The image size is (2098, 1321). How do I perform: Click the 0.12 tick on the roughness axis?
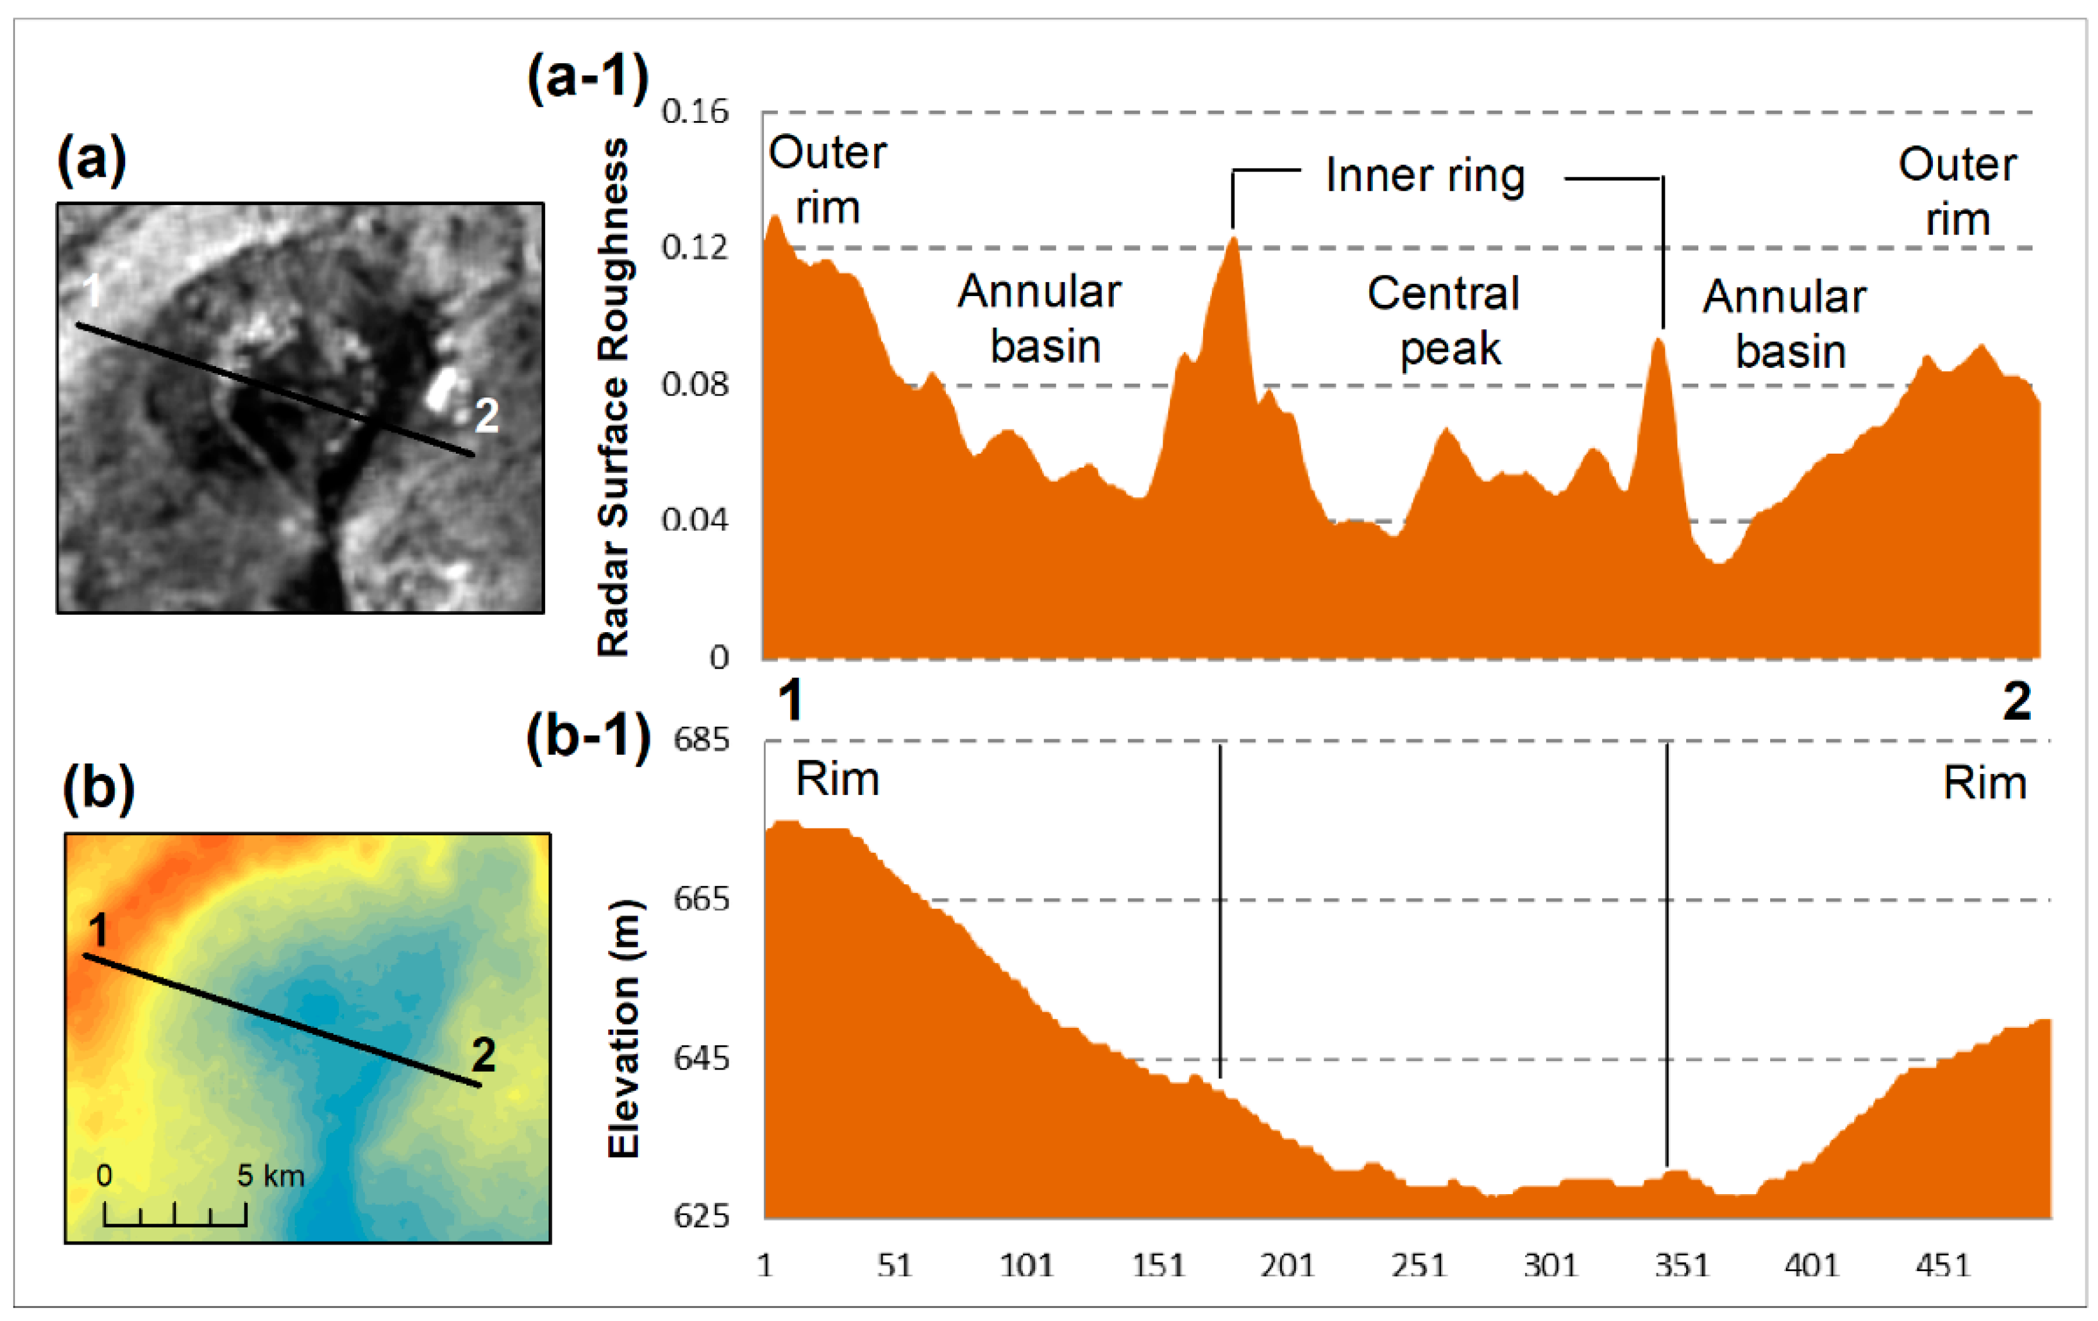click(695, 247)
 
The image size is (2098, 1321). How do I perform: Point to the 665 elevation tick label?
click(701, 899)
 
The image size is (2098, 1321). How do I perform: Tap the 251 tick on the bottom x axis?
click(1419, 1264)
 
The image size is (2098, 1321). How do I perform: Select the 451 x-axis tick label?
click(1942, 1264)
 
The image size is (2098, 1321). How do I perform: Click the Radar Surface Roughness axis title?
click(613, 396)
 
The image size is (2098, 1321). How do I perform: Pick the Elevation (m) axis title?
click(624, 1028)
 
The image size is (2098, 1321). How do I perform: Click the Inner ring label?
click(1426, 176)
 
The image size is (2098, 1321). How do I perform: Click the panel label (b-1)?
click(588, 737)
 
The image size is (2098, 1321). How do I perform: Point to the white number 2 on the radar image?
click(486, 415)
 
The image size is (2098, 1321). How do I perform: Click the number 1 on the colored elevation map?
click(98, 930)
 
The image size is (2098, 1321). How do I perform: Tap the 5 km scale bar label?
click(271, 1176)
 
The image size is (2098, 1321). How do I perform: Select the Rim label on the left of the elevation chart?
click(837, 779)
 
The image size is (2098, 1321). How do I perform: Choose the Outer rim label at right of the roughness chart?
click(1957, 192)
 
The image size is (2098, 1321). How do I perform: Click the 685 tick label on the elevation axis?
click(701, 740)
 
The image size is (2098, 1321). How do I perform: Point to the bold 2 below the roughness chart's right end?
click(2017, 702)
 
